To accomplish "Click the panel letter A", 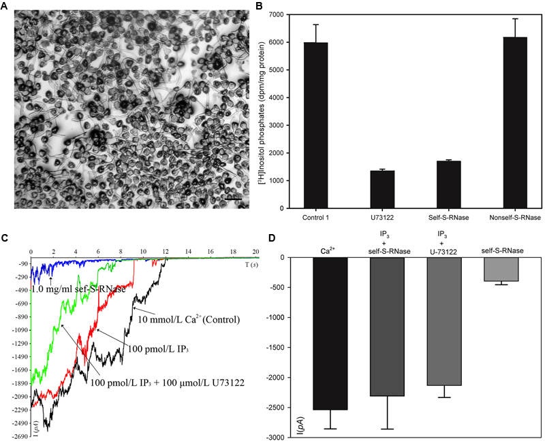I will pos(6,6).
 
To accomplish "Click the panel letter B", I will pos(258,6).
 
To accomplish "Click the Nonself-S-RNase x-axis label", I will pos(514,218).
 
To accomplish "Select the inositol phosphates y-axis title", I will pos(268,112).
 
